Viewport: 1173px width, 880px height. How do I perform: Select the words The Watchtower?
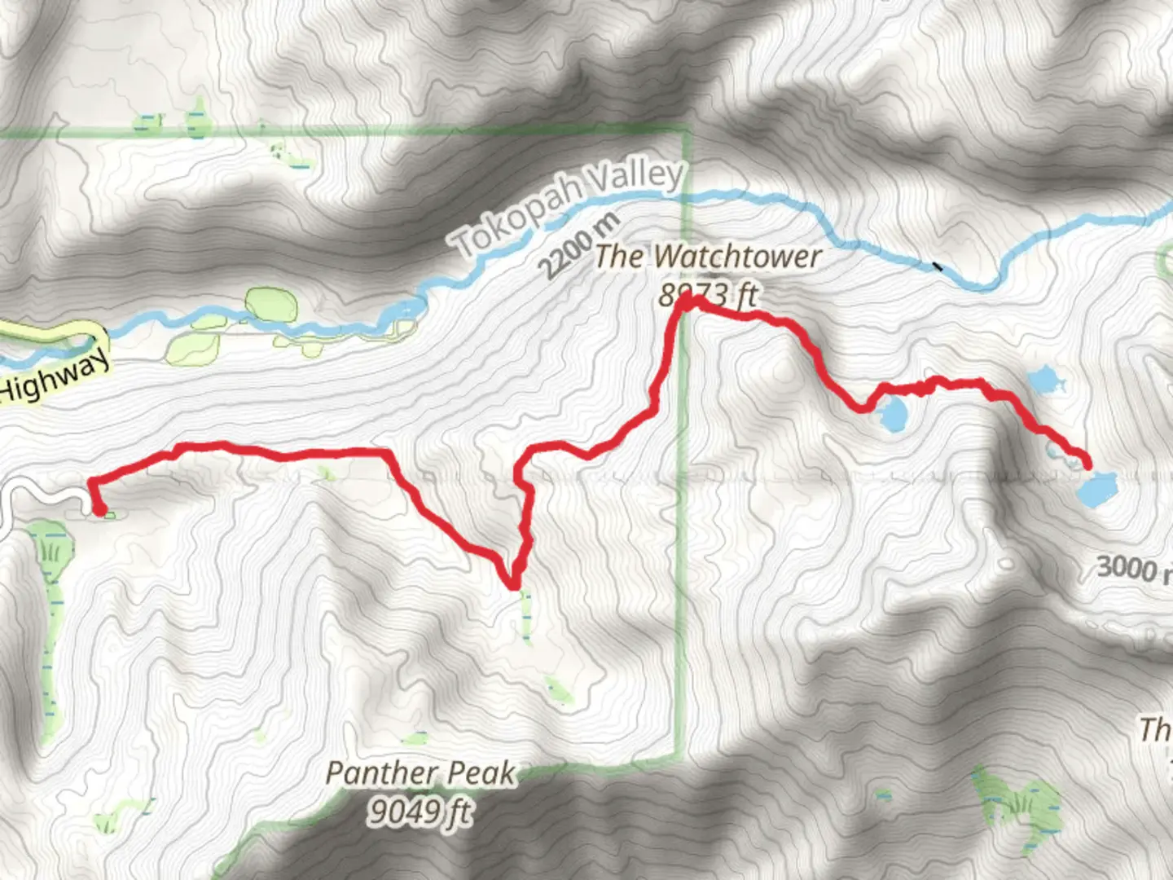pyautogui.click(x=707, y=257)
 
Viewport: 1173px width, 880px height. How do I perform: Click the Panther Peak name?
pyautogui.click(x=420, y=772)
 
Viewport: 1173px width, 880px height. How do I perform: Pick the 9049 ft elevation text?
pyautogui.click(x=419, y=811)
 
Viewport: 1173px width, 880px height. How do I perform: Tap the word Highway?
pyautogui.click(x=55, y=379)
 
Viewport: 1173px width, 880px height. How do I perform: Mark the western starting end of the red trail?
pyautogui.click(x=99, y=511)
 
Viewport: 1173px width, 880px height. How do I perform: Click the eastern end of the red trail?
pyautogui.click(x=1088, y=464)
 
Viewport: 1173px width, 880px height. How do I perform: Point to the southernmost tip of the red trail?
pyautogui.click(x=513, y=584)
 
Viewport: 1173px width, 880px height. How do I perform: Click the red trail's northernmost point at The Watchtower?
pyautogui.click(x=687, y=301)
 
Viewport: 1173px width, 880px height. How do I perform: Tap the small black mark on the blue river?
pyautogui.click(x=938, y=266)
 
